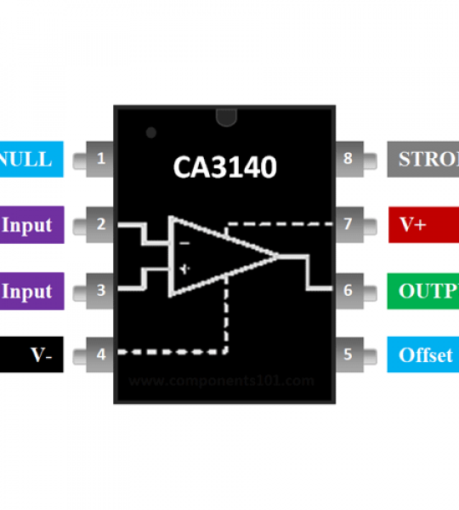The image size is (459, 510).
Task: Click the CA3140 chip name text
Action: coord(224,167)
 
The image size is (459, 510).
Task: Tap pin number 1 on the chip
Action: coord(101,158)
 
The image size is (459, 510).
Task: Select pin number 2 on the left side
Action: coord(101,224)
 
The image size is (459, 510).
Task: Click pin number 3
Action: coord(101,290)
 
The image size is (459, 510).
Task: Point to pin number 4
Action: coord(101,354)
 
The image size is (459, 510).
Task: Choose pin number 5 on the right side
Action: coord(348,354)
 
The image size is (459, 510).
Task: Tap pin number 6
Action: coord(348,290)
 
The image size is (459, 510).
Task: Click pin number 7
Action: coord(348,224)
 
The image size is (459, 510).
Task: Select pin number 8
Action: coord(348,158)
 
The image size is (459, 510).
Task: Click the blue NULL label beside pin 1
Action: coord(30,159)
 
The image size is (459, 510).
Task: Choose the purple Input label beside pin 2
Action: coord(30,224)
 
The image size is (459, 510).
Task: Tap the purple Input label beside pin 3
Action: coord(30,290)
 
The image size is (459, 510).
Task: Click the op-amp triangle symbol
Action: coord(217,256)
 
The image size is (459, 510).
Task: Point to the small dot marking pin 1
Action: coord(150,133)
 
